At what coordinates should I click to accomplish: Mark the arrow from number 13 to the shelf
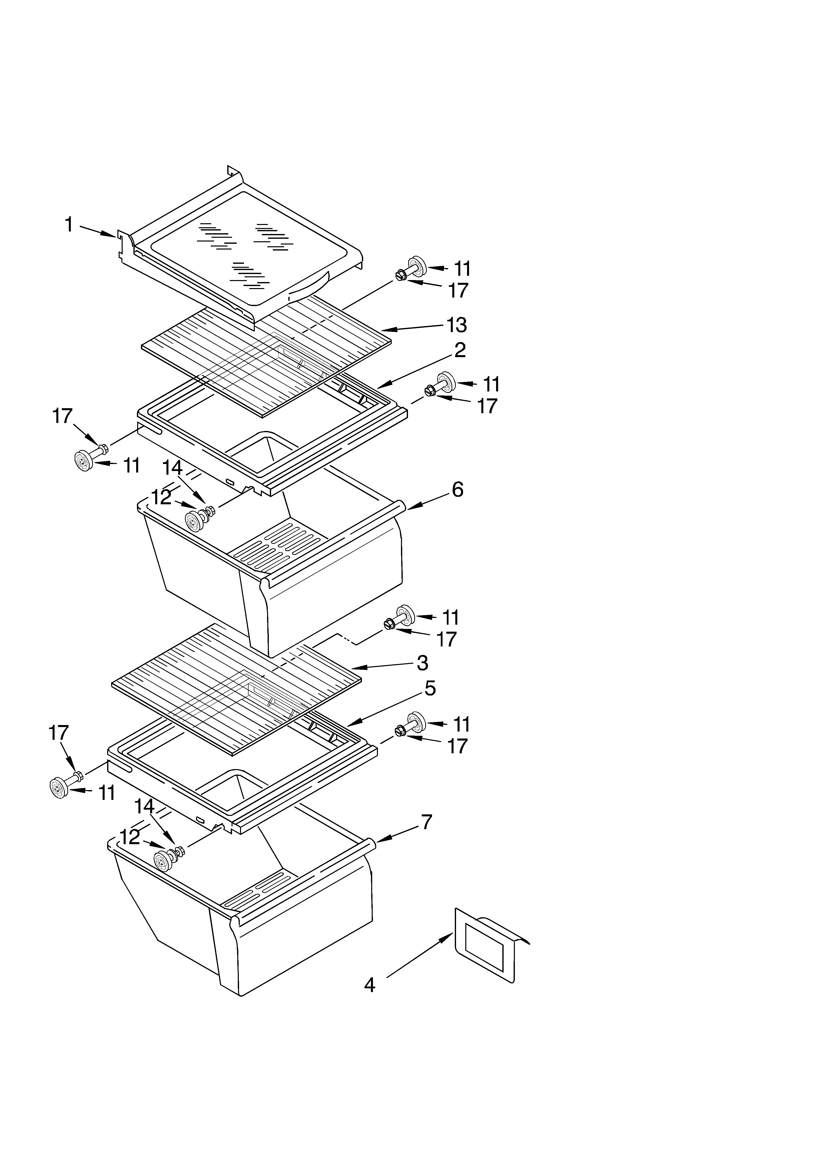(x=413, y=328)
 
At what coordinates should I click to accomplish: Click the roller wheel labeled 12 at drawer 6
(x=194, y=521)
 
